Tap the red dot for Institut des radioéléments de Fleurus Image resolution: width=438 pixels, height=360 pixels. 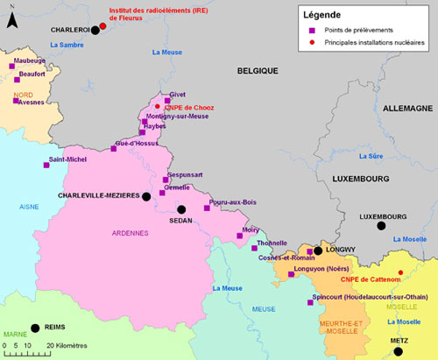pos(102,25)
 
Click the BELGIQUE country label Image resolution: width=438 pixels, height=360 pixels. pos(257,70)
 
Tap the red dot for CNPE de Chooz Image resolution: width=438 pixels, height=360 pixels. pos(158,107)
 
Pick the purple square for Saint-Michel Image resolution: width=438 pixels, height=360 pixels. pos(46,165)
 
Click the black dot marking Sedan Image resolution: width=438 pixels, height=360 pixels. pos(181,209)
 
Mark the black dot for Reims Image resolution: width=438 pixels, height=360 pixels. pos(35,328)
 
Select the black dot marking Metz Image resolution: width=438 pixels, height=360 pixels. pos(399,351)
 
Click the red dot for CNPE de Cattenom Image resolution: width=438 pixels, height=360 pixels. pos(400,272)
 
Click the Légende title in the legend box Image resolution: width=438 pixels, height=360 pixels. pos(322,15)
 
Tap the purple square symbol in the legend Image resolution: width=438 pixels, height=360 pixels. pos(308,29)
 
